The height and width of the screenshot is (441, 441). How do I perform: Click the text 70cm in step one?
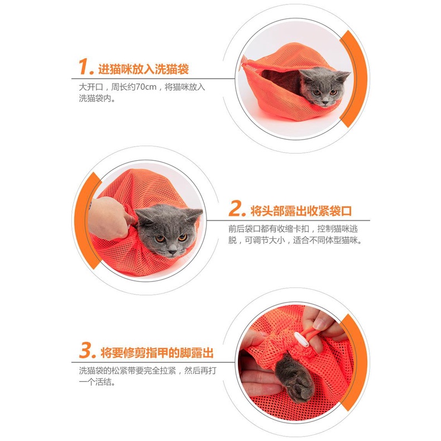146,87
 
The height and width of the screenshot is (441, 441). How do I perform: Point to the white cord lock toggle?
301,339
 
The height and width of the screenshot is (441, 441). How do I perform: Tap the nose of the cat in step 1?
325,99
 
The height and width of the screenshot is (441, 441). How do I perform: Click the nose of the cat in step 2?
172,247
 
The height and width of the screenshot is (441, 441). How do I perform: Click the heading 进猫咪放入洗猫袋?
143,69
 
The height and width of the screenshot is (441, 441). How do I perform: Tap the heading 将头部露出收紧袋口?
301,211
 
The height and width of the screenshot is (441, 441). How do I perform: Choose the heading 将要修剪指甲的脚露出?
157,353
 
